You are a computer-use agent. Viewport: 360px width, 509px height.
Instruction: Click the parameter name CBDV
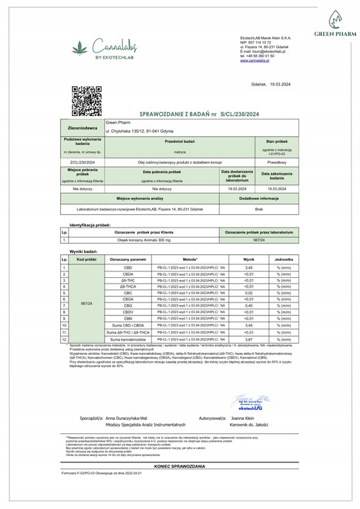click(128, 312)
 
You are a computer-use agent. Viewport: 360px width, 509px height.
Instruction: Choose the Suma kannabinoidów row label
click(128, 340)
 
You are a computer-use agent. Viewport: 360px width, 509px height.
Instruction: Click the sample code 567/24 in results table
click(86, 302)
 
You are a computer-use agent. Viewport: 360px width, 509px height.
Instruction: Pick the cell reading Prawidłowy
click(277, 162)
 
